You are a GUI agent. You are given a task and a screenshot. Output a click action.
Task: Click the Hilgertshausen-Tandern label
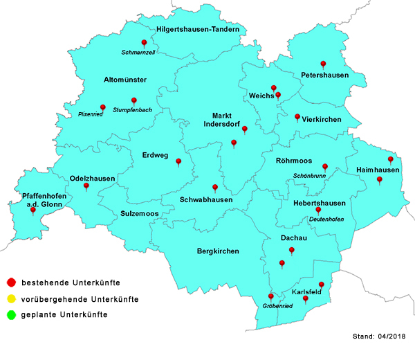[202, 30]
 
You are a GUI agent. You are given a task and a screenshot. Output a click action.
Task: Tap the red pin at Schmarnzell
[144, 43]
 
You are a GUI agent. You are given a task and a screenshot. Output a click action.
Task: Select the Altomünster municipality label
[125, 80]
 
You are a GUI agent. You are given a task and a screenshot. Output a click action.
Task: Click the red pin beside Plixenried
[102, 108]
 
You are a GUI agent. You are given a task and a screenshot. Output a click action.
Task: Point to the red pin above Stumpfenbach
[133, 100]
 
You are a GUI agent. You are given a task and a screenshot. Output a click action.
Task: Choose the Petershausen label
[324, 74]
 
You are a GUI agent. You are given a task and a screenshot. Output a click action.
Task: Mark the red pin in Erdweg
[178, 162]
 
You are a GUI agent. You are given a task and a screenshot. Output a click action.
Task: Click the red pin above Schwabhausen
[214, 188]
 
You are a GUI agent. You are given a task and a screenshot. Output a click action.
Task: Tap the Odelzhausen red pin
[86, 186]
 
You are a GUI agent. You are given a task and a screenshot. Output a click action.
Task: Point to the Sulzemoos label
[140, 214]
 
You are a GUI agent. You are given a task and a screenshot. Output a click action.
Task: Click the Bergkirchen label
[218, 251]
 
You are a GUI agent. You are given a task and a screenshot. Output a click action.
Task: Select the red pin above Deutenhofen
[318, 210]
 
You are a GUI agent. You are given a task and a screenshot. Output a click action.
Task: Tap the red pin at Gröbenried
[271, 296]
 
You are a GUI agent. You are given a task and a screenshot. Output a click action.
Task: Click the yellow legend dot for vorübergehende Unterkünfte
[10, 299]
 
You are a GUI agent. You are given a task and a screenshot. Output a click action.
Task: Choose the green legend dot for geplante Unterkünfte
[10, 315]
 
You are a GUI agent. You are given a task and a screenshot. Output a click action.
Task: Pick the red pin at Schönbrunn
[325, 167]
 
